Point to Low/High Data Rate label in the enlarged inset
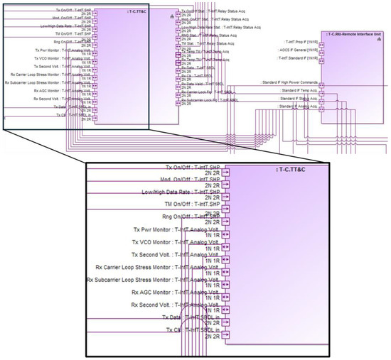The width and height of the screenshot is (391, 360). pos(181,192)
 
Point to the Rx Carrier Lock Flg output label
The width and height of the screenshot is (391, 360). pos(207,92)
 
